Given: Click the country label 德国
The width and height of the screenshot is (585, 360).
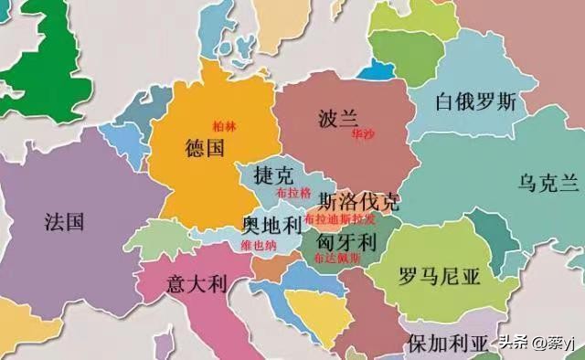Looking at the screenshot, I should coord(204,149).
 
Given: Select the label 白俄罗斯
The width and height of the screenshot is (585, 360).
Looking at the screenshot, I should coord(476,101).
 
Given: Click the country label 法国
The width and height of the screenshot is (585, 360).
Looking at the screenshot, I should coord(64,221).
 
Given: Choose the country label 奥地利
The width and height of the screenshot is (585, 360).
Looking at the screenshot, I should coord(272,225).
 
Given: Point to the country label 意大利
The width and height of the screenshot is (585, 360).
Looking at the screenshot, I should coord(197,284).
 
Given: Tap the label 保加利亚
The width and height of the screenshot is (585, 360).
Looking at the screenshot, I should coord(448,344).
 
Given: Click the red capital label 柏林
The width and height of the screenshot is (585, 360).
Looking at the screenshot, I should coord(224,126).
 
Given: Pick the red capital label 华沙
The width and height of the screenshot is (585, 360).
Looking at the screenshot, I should coord(362,133).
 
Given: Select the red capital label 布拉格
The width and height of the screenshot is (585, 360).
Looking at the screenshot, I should coord(292,194).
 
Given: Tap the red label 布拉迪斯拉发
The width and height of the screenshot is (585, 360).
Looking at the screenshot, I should coord(339,220).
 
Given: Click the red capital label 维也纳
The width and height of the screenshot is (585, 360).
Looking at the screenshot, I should coord(260,245).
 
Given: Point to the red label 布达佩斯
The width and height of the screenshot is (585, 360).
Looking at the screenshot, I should coord(336,259).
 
